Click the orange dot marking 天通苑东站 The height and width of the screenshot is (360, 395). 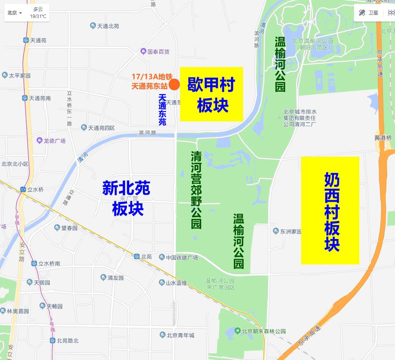coord(174,84)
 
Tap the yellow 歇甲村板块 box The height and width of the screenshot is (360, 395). coord(211,94)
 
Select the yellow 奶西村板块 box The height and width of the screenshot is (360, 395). coord(330,210)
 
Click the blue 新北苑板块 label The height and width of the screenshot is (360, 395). coord(126,198)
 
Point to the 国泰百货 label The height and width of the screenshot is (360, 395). coord(158,51)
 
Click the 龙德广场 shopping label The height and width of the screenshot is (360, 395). coord(54,141)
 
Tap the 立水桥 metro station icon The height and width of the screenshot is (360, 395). coord(23,190)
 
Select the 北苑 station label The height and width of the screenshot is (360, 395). coord(146,257)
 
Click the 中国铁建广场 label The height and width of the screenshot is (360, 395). coord(182,257)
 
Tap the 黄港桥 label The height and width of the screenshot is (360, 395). coord(382,138)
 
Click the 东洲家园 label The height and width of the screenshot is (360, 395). coord(290,232)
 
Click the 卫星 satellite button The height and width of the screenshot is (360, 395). coord(369,13)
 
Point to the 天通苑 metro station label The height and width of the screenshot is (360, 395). coord(38,40)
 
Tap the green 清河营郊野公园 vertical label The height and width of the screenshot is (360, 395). coord(196,190)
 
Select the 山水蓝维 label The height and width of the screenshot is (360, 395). coord(176,283)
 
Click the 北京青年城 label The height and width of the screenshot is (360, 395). coord(180,335)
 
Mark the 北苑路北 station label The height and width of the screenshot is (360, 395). coord(67,340)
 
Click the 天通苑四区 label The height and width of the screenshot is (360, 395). coord(101,128)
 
